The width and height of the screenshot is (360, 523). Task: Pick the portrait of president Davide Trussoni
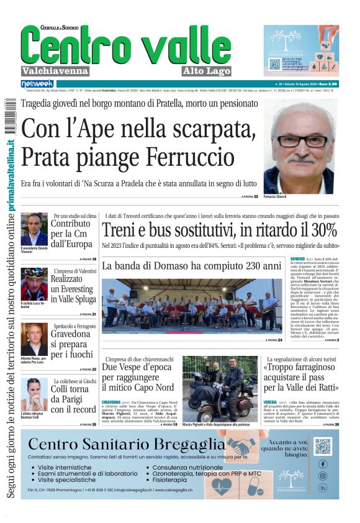[34, 229]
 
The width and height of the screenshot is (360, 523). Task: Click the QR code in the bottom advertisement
[322, 446]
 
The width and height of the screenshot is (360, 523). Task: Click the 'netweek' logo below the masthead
[37, 83]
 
